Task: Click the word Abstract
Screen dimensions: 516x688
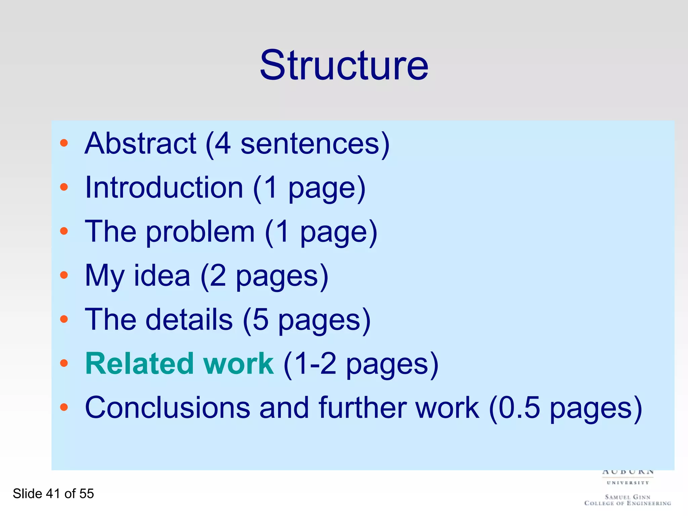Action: click(140, 143)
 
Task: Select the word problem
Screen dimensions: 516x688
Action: click(200, 232)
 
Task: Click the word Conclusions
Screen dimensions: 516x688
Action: click(167, 407)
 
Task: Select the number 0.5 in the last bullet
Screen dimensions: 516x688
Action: click(519, 407)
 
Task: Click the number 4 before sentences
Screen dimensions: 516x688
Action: click(223, 143)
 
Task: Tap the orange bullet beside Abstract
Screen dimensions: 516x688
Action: click(64, 143)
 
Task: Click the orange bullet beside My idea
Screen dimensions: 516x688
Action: click(64, 275)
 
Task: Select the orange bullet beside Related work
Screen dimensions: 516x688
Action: click(64, 363)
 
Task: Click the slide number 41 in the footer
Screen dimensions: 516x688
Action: click(53, 494)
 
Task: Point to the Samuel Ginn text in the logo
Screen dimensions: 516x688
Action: click(628, 497)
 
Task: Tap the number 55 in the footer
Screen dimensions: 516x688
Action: click(87, 494)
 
